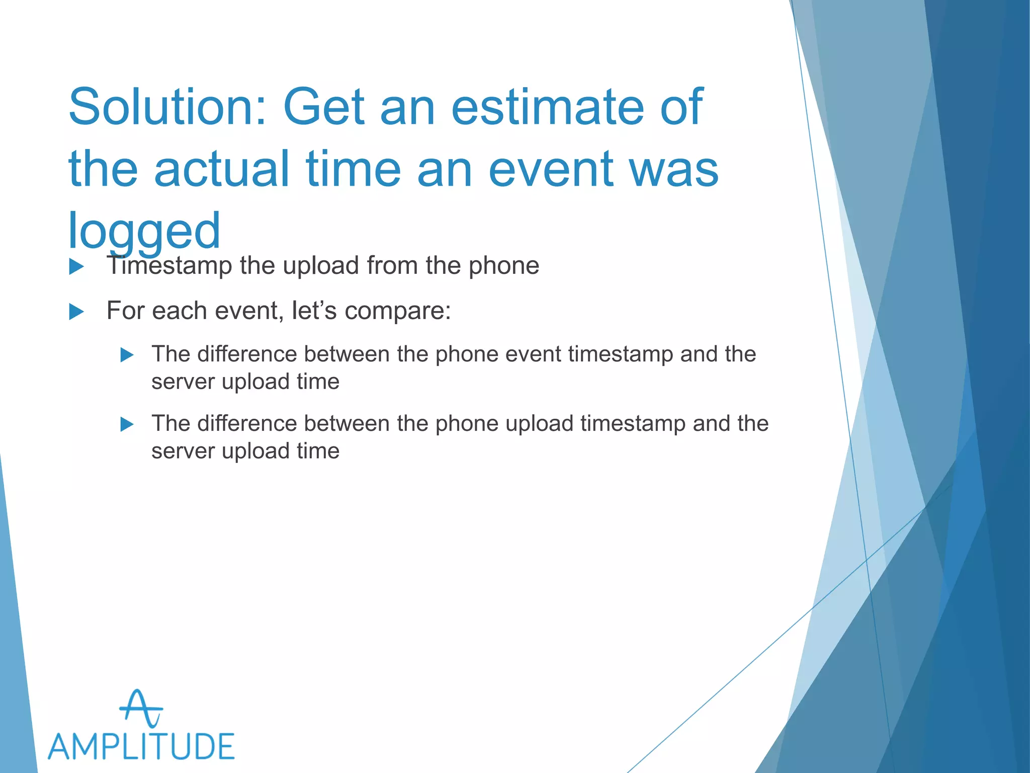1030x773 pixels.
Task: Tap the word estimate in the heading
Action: coord(547,107)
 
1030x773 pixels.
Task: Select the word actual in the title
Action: coord(221,169)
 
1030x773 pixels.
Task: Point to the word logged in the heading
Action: coord(144,231)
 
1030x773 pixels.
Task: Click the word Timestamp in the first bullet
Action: coord(169,265)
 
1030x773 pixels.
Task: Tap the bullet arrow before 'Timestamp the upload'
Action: coord(76,266)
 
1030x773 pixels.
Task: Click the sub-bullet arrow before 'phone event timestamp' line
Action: coord(127,355)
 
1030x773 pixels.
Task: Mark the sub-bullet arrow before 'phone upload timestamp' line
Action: coord(127,425)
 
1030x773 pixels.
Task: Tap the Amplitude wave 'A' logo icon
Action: coord(141,709)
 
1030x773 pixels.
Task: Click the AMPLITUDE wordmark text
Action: coord(141,746)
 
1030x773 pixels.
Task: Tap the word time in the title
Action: coord(353,169)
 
